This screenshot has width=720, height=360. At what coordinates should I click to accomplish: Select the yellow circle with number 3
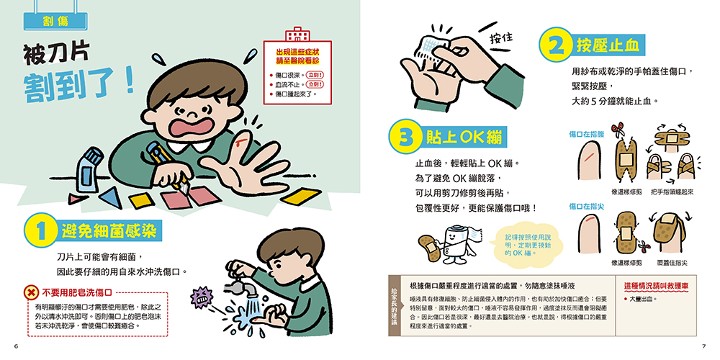click(x=405, y=136)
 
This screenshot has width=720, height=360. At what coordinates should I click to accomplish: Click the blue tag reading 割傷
click(x=55, y=21)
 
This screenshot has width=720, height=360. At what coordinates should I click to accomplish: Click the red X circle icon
click(x=31, y=292)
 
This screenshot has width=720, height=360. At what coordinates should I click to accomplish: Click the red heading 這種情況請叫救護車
click(x=656, y=286)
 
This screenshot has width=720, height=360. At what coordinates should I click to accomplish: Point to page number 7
click(x=703, y=346)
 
